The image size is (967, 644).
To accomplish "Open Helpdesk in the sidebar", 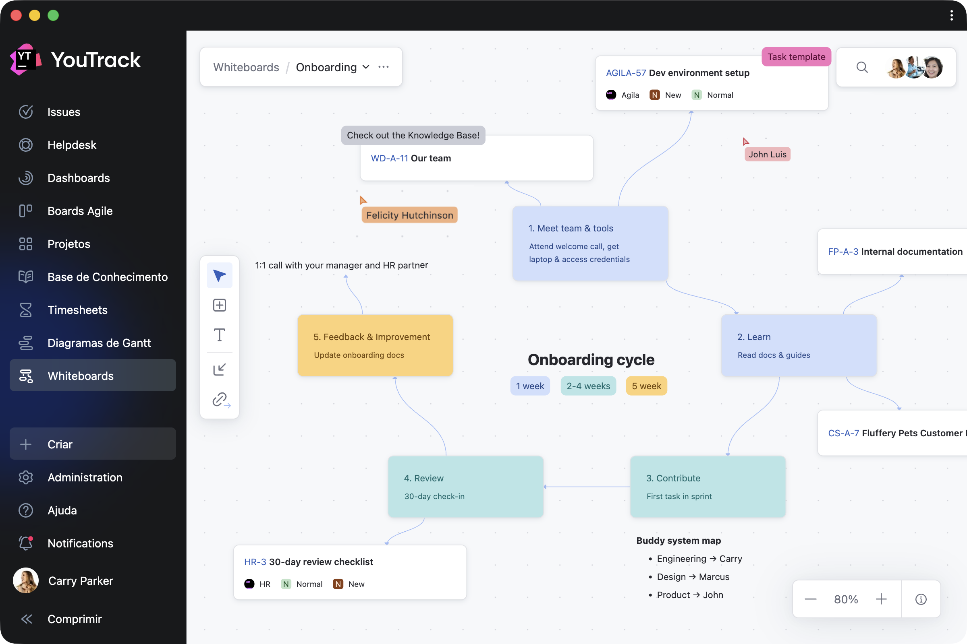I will pos(72,145).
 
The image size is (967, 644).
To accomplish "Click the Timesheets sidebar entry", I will pos(77,310).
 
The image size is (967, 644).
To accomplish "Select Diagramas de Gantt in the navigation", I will pos(99,343).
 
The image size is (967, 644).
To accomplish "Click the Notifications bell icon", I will pos(26,543).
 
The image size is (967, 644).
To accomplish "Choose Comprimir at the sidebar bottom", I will pos(74,619).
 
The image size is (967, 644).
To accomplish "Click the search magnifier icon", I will pos(862,67).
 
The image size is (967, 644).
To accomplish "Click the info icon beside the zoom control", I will pos(921,599).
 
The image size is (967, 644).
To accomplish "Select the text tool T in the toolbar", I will pos(220,335).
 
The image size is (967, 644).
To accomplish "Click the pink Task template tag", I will pos(796,57).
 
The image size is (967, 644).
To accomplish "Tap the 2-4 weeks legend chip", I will pos(588,386).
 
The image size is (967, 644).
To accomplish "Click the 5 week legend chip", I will pos(646,386).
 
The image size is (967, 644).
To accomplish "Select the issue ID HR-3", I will pos(255,562).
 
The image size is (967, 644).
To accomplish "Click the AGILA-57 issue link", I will pos(626,73).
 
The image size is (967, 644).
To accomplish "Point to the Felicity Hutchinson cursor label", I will pos(409,215).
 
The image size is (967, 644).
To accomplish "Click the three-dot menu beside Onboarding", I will pos(383,67).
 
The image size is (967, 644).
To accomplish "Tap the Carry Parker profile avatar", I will pos(26,580).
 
